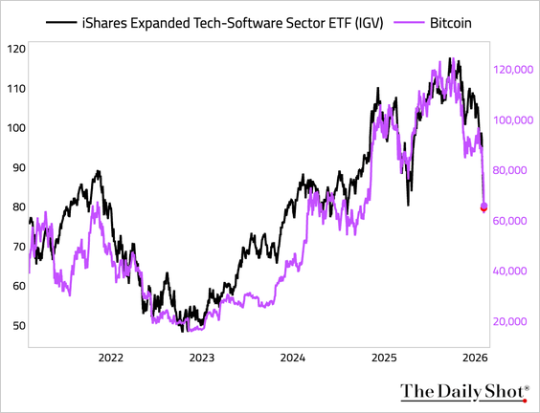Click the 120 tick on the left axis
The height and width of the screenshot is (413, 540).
[x=16, y=49]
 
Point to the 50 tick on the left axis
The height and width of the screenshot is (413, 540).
[x=16, y=326]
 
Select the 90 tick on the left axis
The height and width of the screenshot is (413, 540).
[x=16, y=167]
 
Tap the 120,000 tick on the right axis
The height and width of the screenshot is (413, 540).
[x=512, y=70]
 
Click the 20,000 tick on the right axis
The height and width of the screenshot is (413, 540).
[x=514, y=321]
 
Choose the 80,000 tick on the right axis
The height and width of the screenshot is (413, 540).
[x=514, y=170]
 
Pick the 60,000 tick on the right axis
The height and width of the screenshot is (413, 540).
[x=514, y=221]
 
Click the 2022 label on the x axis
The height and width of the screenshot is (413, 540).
[x=111, y=358]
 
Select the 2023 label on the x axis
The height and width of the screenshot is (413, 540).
[x=202, y=358]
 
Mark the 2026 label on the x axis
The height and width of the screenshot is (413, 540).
[x=475, y=358]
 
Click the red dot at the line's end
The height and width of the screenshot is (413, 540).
[x=484, y=207]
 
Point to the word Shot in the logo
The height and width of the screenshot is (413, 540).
[x=503, y=391]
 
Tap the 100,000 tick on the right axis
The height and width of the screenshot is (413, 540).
[x=512, y=120]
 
